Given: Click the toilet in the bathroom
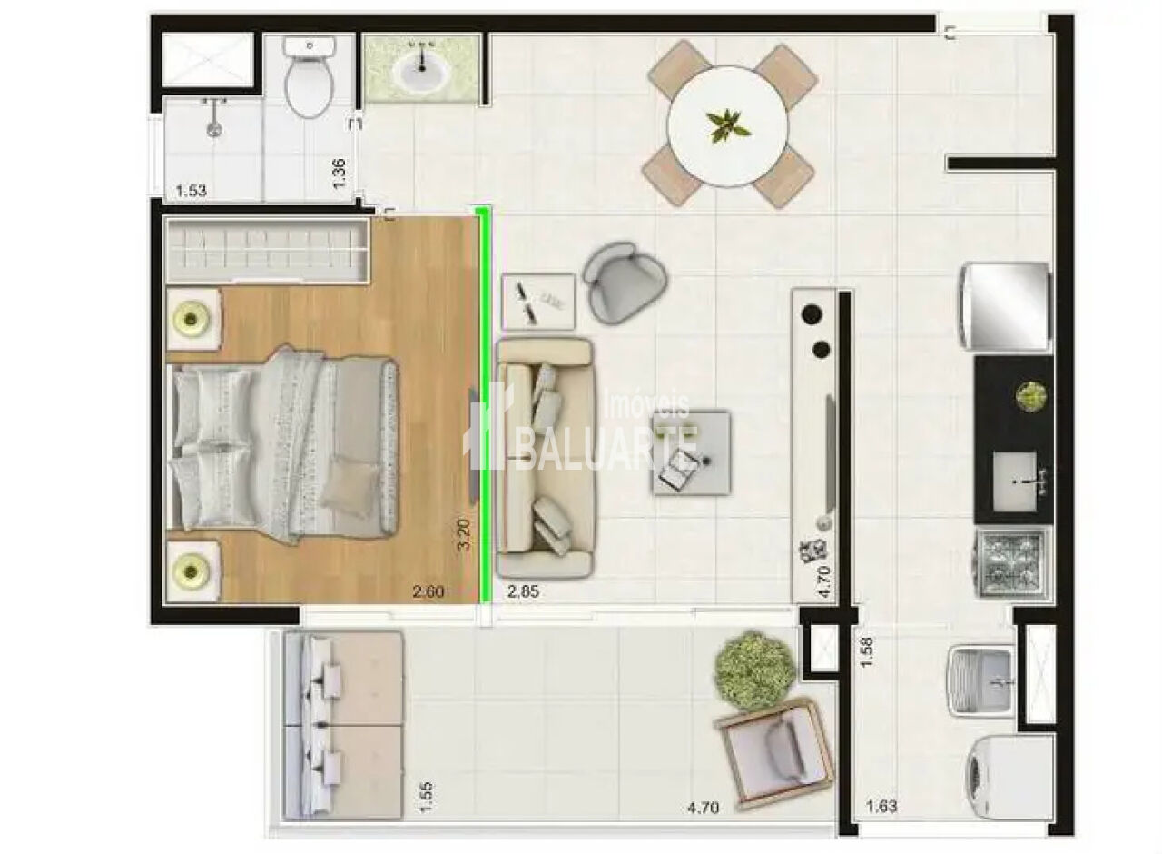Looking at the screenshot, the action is point(310,78).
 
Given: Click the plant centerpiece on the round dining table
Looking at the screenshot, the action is point(727,126).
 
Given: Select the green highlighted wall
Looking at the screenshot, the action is point(485,405).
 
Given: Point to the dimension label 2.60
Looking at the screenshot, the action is point(428,591).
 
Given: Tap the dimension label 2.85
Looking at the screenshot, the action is point(523,591).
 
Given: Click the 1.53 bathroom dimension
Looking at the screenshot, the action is point(191,191).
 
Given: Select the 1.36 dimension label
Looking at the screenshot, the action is point(339,174).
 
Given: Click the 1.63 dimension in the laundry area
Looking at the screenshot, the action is point(881,806).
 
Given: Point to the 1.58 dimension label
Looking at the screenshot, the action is point(866,652).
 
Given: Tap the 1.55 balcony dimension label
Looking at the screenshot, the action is point(423,798).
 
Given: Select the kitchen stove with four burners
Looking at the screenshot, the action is point(1012,564).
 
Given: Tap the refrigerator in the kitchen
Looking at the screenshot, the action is point(1007,306).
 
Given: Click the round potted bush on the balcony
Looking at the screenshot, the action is point(754,670).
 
